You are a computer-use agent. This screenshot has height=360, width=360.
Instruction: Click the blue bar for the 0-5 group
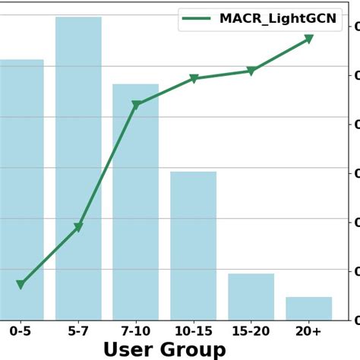click(21, 190)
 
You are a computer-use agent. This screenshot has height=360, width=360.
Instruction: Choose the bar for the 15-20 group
click(251, 296)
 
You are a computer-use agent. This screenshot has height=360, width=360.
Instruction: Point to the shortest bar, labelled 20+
click(308, 308)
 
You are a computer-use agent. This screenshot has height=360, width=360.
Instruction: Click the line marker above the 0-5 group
click(21, 284)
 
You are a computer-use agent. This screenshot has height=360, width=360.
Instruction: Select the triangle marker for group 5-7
click(78, 227)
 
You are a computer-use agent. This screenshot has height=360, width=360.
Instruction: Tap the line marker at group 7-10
click(136, 105)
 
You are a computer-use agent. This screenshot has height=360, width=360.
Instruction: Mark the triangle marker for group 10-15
click(194, 78)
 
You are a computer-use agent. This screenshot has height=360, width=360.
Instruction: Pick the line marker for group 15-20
click(251, 71)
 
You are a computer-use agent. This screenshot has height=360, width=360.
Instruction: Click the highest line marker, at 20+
click(309, 38)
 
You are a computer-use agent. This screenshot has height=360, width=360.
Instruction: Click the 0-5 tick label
click(21, 332)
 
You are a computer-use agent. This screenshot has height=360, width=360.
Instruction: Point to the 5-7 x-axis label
click(78, 332)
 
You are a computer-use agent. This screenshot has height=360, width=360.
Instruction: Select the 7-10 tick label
click(135, 332)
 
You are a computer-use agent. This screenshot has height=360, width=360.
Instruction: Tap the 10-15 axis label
click(193, 332)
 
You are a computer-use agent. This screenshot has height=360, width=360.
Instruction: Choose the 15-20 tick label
click(251, 332)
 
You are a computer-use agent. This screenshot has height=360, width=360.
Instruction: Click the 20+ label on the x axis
click(308, 332)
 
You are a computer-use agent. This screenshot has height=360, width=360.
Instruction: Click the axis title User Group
click(164, 350)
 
